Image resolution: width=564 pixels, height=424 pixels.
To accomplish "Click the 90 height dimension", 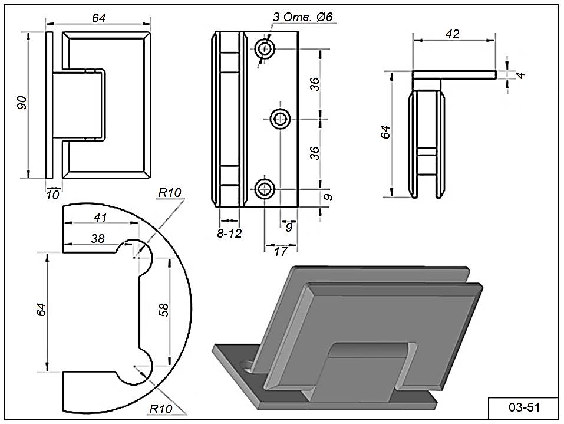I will [21, 104].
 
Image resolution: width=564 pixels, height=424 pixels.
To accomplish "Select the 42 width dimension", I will [452, 34].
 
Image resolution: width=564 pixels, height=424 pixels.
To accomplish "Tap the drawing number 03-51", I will [523, 407].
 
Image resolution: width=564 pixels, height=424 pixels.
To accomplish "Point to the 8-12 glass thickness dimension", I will [229, 233].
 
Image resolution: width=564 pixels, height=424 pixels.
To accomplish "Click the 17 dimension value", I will [281, 252].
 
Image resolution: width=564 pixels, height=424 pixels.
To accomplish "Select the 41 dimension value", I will [100, 217].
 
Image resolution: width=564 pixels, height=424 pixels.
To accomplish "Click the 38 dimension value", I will [97, 238].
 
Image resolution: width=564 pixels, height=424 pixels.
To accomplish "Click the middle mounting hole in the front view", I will [280, 119].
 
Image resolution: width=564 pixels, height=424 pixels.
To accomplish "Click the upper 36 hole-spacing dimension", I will [315, 84].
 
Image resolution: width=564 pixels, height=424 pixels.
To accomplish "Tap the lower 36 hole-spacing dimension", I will [315, 153].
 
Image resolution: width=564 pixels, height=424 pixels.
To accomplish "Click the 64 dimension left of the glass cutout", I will [40, 308].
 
